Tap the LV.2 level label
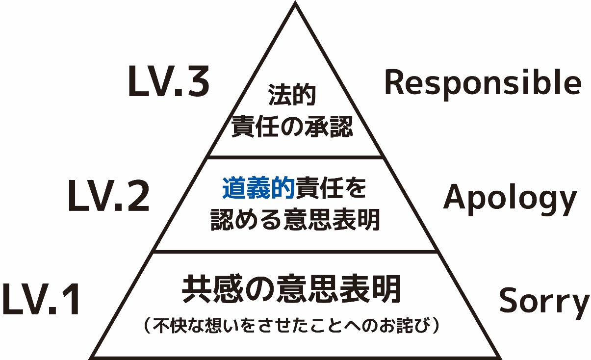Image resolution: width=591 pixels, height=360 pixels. click(108, 197)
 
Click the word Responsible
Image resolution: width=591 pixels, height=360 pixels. click(483, 83)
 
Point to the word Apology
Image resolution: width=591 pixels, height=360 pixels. click(510, 199)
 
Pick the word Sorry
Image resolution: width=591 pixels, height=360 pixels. click(544, 301)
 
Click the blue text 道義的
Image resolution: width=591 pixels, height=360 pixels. click(258, 189)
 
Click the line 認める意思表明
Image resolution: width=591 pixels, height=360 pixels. click(295, 220)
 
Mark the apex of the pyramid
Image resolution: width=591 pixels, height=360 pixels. click(295, 4)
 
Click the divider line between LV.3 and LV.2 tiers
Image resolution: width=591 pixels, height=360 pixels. click(295, 157)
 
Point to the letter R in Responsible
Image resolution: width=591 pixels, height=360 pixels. click(395, 83)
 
